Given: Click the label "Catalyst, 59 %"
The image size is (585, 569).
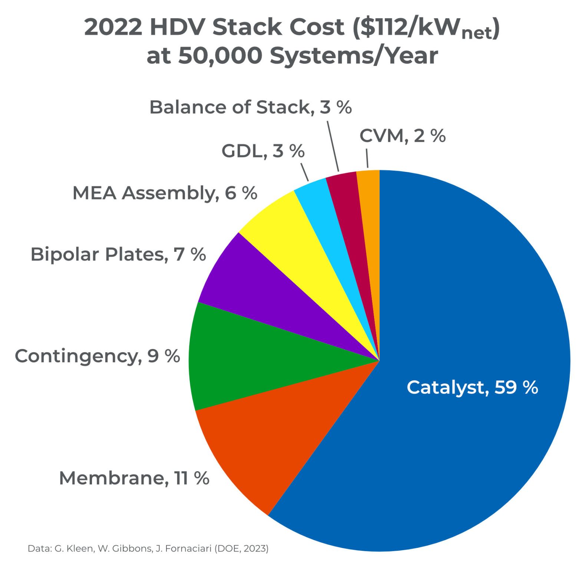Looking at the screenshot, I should [x=472, y=387].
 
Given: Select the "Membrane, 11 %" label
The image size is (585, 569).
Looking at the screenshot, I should [x=134, y=478].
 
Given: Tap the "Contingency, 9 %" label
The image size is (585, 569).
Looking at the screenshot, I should [x=97, y=356].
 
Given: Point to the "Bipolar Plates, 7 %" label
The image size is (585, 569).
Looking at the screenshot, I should [x=118, y=254].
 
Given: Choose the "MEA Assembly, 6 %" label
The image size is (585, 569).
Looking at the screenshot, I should [x=165, y=193].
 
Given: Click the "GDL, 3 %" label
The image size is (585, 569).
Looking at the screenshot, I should [x=263, y=151].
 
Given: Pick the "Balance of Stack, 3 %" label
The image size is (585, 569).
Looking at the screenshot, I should [x=250, y=107].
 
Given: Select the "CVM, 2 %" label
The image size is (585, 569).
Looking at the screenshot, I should [x=402, y=136].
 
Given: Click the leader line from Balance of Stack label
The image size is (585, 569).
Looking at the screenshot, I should [x=333, y=146].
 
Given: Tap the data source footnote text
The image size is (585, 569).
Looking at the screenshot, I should [x=148, y=549].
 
